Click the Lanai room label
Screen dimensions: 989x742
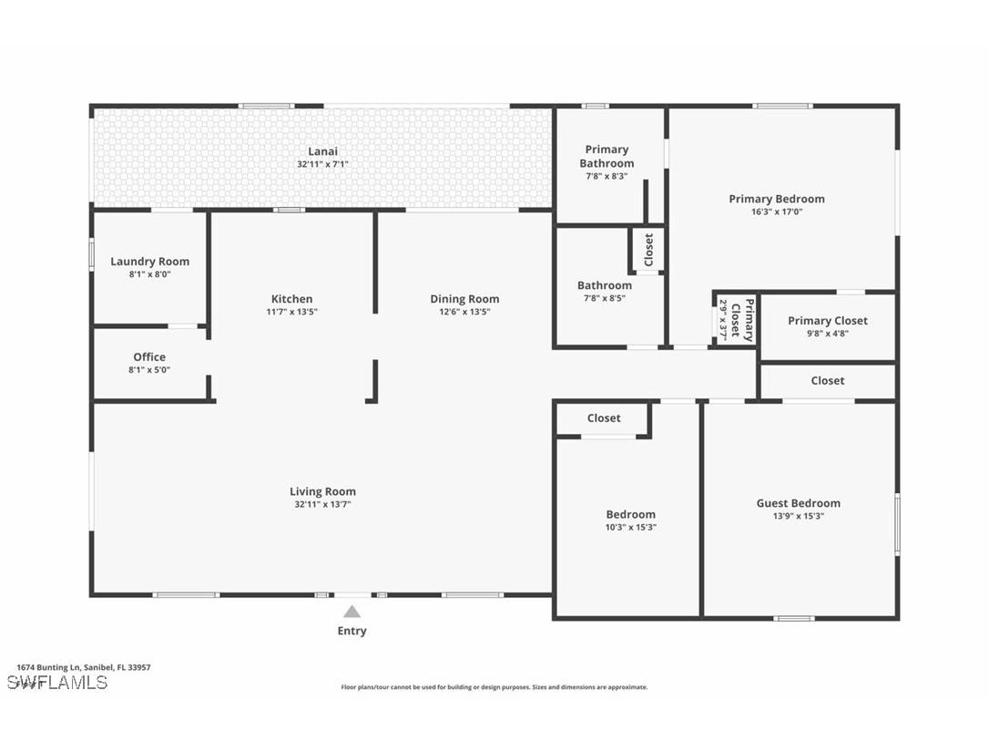[322, 151]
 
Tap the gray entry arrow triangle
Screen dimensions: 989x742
[352, 612]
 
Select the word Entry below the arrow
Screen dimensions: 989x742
[352, 631]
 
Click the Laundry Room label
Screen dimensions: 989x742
[149, 262]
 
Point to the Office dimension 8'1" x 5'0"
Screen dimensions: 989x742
[149, 370]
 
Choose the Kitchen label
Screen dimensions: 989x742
[291, 299]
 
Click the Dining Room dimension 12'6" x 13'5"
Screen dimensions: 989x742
[464, 312]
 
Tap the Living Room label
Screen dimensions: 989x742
[322, 492]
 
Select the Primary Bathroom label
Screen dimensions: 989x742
[607, 157]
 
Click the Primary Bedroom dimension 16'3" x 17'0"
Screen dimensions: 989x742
[777, 212]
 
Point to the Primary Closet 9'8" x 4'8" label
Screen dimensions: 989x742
[828, 326]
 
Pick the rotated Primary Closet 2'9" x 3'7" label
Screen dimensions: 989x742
[736, 320]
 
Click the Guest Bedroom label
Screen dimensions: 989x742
[799, 503]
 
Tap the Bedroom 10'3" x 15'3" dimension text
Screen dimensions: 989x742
[631, 527]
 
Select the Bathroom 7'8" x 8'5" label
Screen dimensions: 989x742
[605, 291]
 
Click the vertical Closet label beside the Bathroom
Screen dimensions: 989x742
[648, 250]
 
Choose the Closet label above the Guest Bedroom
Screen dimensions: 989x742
[828, 381]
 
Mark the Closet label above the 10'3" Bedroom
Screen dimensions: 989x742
[604, 418]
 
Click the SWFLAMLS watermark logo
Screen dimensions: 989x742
[57, 683]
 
